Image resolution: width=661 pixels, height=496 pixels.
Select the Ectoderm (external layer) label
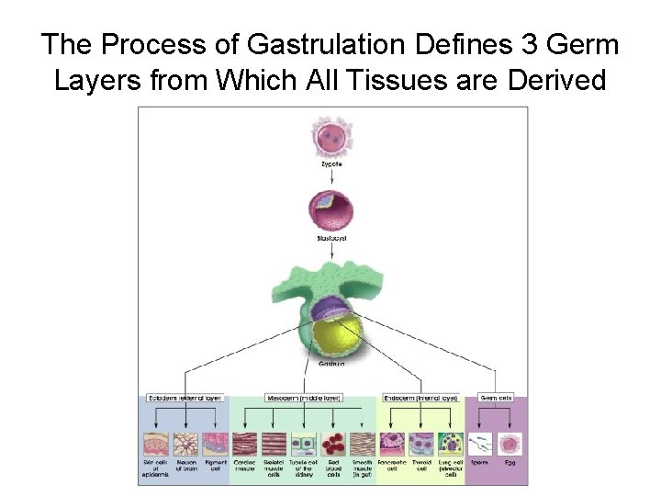(x=186, y=398)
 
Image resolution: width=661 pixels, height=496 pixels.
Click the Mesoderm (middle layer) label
(x=304, y=398)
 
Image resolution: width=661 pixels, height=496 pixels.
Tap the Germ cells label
(x=496, y=398)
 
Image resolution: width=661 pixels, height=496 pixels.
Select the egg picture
(x=510, y=445)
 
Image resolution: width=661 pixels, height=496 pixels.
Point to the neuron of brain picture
(x=186, y=445)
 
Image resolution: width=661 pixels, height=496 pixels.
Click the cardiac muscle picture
(x=245, y=445)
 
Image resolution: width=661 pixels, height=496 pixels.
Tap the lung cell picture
(x=450, y=445)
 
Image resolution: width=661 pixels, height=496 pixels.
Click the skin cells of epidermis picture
(x=157, y=445)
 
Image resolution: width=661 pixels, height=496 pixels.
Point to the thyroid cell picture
(x=421, y=445)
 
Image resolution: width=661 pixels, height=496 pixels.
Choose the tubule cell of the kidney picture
(x=303, y=445)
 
